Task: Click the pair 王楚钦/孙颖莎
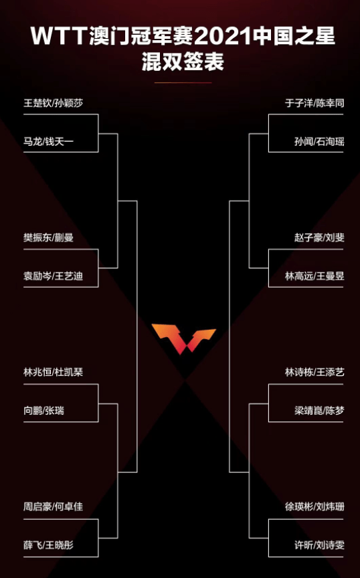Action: [54, 103]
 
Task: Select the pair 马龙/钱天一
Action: [49, 141]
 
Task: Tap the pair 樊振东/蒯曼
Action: [49, 237]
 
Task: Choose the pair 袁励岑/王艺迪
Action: [54, 276]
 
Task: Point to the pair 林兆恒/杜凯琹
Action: [54, 373]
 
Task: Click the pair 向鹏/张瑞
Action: [44, 411]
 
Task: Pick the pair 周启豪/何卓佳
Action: [54, 507]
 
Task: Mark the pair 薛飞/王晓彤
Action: [49, 545]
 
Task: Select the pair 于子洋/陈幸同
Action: [314, 103]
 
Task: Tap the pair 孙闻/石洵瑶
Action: [319, 141]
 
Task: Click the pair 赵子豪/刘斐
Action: [319, 237]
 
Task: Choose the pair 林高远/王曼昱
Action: [314, 276]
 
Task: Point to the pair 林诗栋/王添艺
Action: [314, 373]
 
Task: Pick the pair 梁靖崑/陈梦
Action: [319, 411]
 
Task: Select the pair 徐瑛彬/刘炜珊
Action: [314, 507]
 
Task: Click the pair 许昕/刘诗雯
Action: [319, 545]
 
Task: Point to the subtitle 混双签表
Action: [183, 62]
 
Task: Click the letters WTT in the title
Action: [59, 37]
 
